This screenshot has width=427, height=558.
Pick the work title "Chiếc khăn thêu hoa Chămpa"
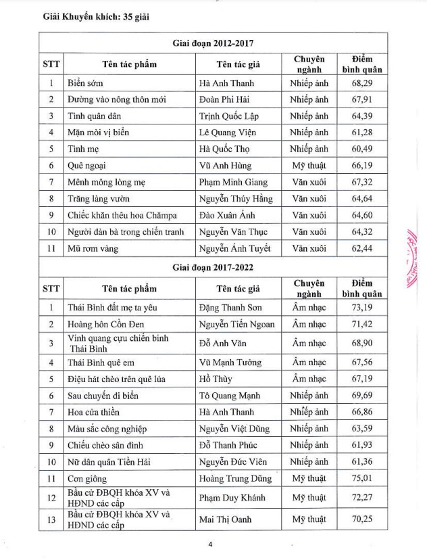tap(122, 215)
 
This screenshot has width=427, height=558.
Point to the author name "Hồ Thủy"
tap(216, 379)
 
